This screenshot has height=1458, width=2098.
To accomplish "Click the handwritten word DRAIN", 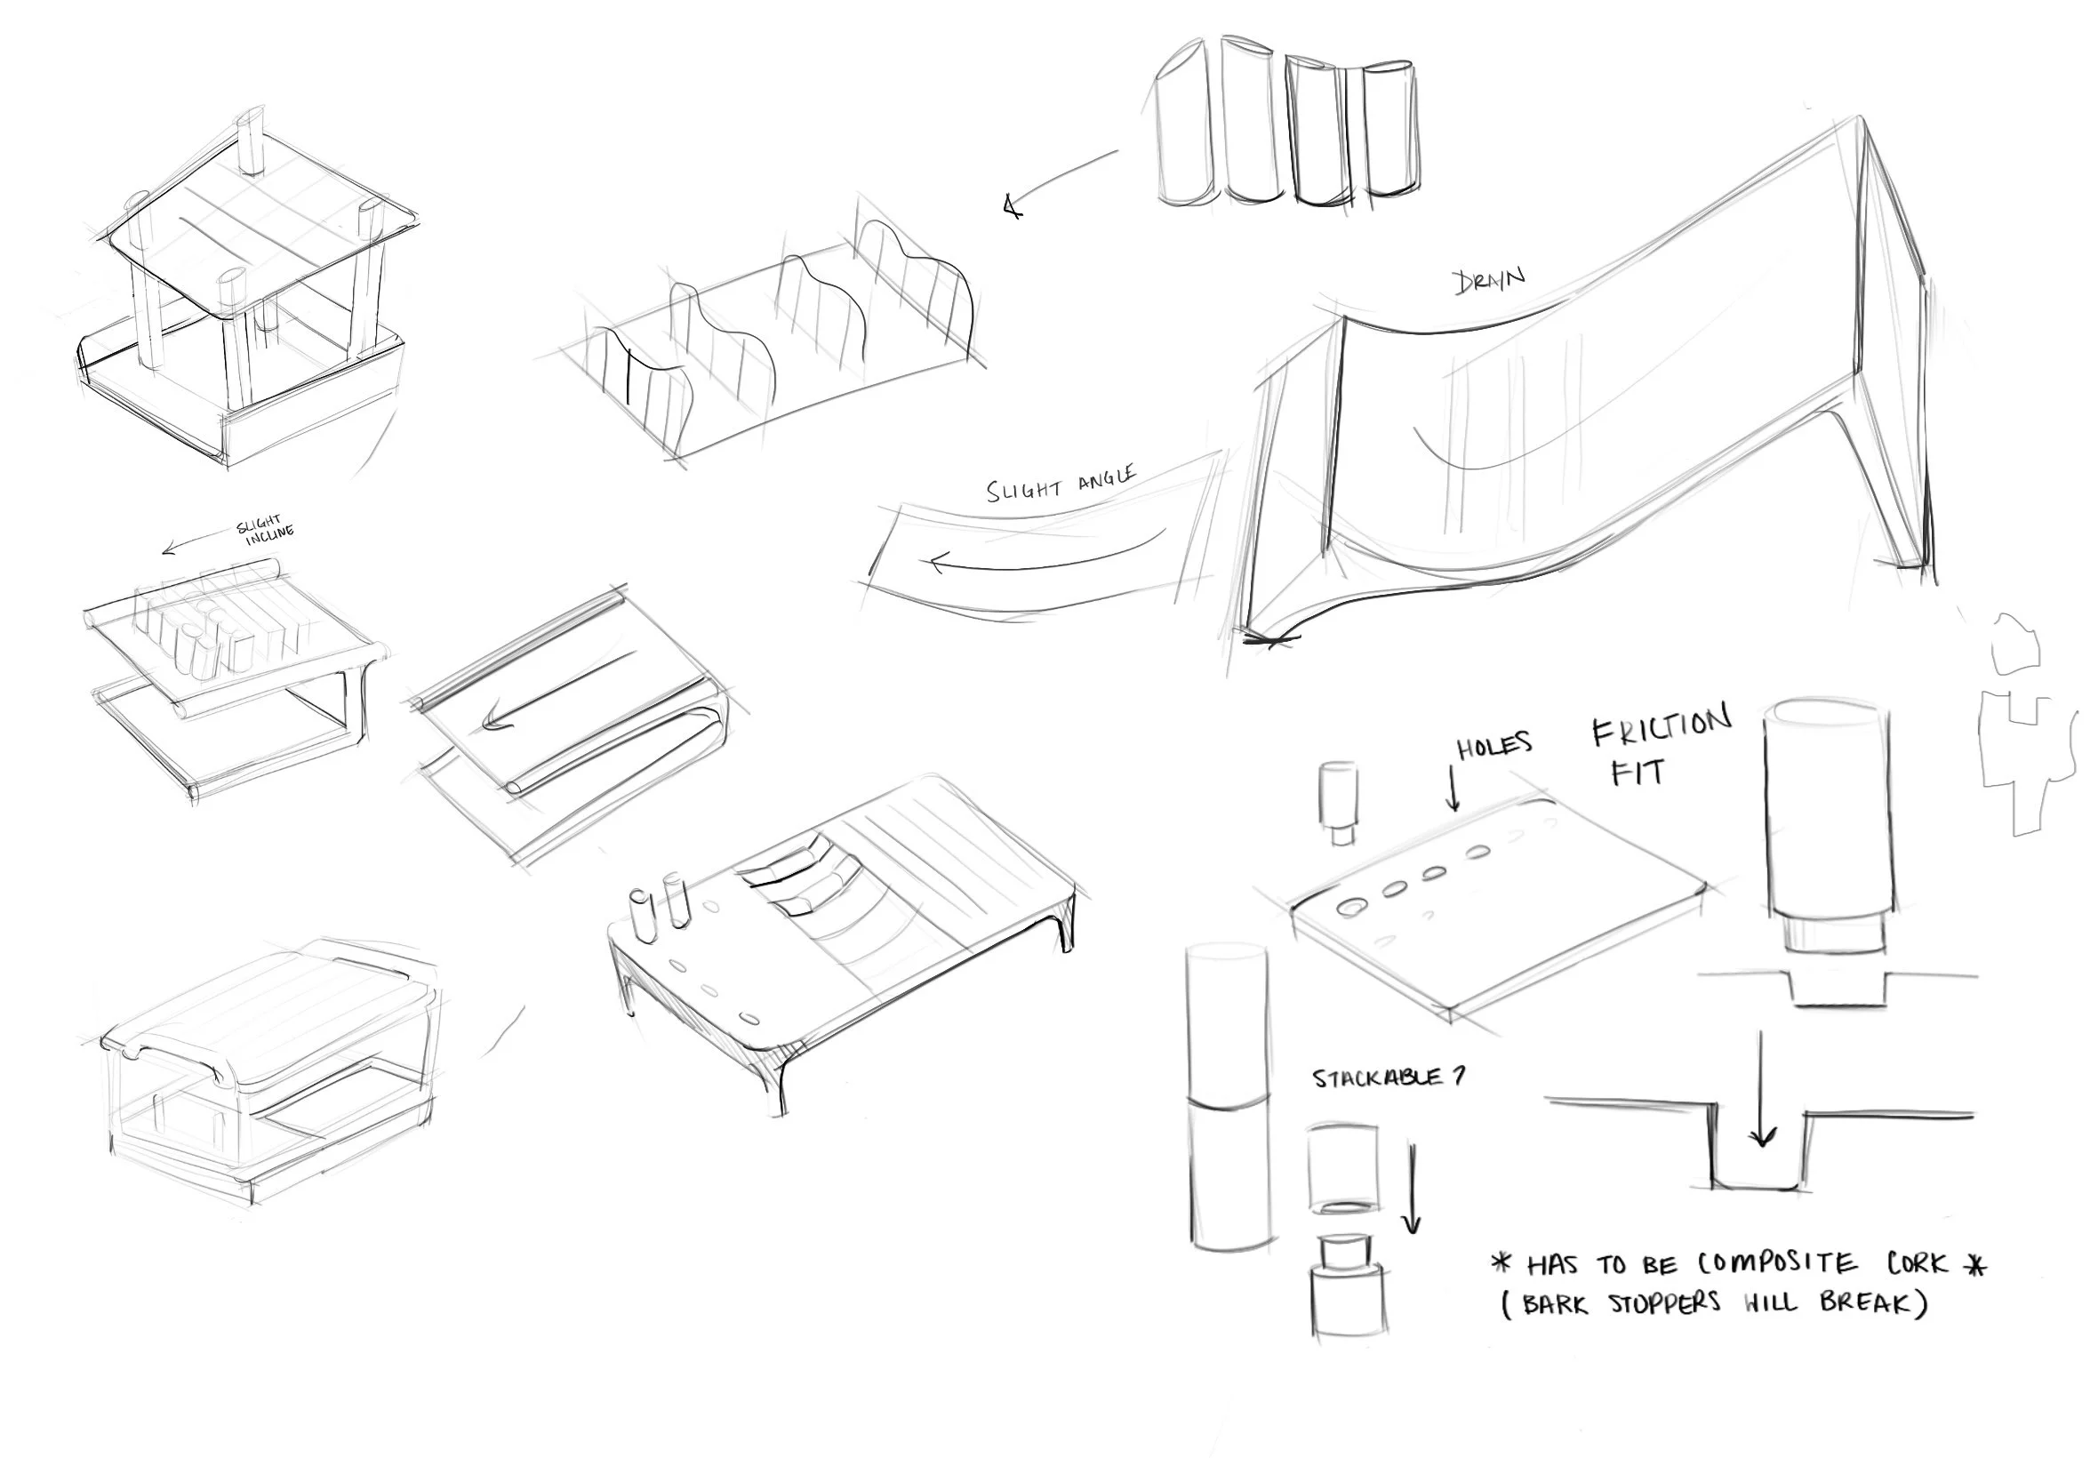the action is (1488, 280).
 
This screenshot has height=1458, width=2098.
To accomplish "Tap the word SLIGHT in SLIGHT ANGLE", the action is (1024, 489).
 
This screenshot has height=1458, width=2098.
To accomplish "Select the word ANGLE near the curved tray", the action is (1107, 477).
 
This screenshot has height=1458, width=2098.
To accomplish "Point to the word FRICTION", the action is (1662, 726).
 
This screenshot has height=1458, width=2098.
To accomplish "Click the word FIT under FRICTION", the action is (1638, 773).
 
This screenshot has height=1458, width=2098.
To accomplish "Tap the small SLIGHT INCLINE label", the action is (266, 530).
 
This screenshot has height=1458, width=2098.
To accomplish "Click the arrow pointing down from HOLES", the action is (1453, 789).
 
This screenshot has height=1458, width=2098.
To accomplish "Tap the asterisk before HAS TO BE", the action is (1501, 1264).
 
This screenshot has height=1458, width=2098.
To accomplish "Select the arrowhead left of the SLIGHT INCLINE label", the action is (170, 549).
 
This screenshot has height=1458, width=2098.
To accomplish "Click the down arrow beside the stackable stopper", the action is (1411, 1188).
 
